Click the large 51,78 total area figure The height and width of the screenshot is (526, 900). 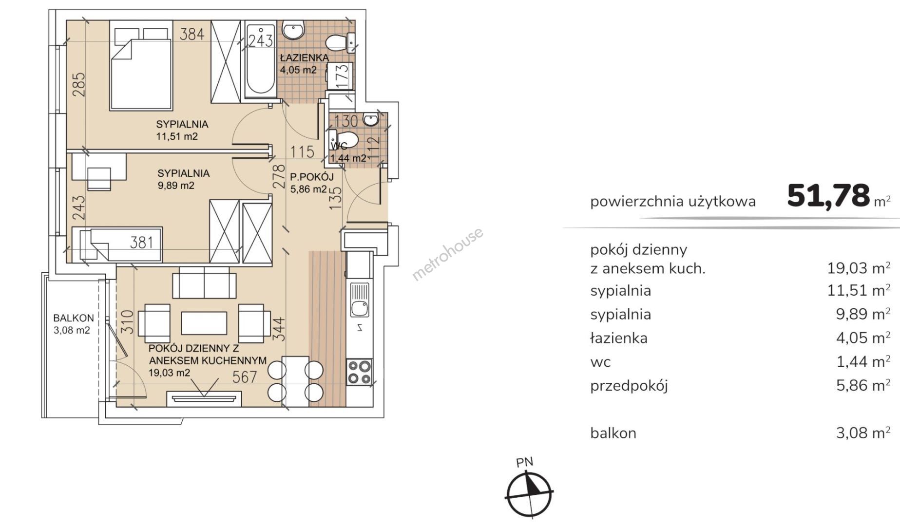[x=828, y=196]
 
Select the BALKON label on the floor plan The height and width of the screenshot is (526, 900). [x=74, y=318]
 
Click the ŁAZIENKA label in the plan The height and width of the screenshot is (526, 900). [x=304, y=57]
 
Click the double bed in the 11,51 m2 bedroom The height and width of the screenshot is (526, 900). [x=141, y=66]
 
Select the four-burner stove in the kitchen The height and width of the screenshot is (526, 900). [x=359, y=372]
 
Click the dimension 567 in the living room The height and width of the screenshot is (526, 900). [x=245, y=376]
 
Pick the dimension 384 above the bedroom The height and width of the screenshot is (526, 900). [x=192, y=34]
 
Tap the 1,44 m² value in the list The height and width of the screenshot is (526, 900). [x=863, y=361]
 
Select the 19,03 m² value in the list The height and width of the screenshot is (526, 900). [x=859, y=268]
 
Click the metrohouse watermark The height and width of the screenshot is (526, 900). [x=448, y=254]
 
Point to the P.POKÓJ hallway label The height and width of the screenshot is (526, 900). [x=312, y=176]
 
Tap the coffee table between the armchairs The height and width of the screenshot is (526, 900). [x=204, y=323]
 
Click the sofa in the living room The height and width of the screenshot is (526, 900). [x=204, y=282]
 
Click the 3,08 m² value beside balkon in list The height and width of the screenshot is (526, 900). [x=863, y=433]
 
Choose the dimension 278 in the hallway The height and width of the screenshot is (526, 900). [x=278, y=176]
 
